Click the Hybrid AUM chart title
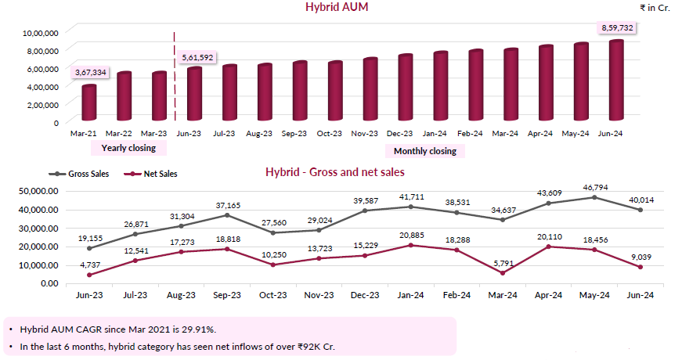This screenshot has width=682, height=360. click(336, 8)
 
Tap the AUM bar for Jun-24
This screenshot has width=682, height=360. click(616, 82)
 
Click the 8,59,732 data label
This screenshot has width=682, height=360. click(617, 28)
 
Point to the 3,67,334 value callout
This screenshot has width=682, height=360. click(91, 73)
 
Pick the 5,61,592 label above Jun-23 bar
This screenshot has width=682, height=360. click(198, 57)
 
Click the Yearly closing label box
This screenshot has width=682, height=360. click(128, 148)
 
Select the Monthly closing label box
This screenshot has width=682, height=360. click(425, 151)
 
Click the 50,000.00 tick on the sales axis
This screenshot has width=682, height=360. click(38, 190)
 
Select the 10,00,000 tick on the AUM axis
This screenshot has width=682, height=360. click(42, 33)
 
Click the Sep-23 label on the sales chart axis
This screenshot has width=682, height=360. click(226, 295)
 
